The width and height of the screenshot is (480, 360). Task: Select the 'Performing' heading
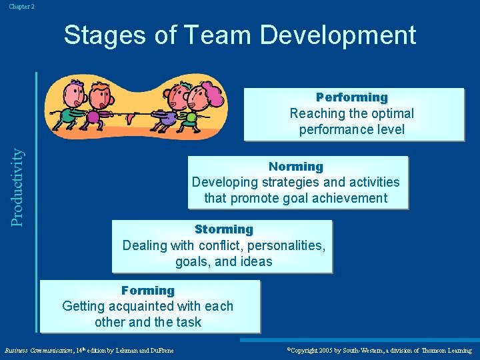click(x=352, y=97)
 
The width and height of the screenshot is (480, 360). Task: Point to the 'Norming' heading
click(x=295, y=167)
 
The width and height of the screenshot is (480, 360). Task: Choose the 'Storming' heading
click(x=224, y=229)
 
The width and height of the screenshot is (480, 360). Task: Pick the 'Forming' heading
click(x=148, y=291)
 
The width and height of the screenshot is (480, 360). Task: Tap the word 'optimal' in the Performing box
click(x=391, y=113)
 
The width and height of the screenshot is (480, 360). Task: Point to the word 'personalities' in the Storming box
click(x=283, y=245)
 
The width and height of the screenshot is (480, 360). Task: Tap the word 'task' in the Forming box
click(x=189, y=323)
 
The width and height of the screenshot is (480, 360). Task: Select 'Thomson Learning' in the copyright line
click(x=446, y=350)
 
